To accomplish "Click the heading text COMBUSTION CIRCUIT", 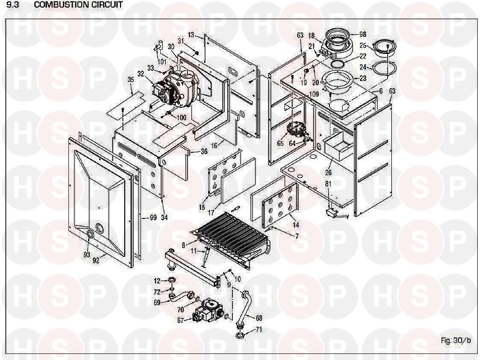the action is pos(78,5).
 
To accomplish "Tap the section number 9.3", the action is pos(13,5).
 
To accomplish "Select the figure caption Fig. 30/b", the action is pos(456,340).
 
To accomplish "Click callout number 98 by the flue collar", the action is pos(362,34).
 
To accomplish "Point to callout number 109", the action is pos(314,94).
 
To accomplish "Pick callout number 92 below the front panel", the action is pos(96,261).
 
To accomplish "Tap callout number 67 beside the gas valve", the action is pos(180,320).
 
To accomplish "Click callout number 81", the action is pos(328,184).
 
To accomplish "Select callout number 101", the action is pos(162,62).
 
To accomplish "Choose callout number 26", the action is pos(328,172).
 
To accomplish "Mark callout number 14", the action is pos(296,225).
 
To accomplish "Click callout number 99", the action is pos(153,217).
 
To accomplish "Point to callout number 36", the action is pos(203,151).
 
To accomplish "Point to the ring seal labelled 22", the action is pos(337,64).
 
